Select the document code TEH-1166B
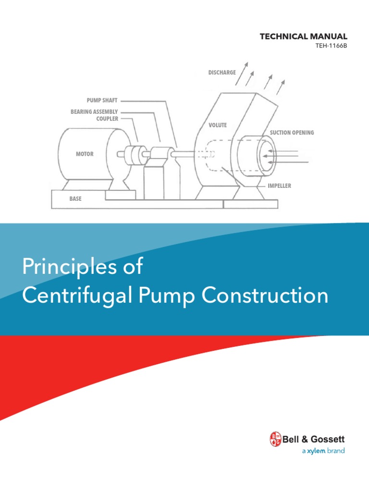pyautogui.click(x=331, y=46)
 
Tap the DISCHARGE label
pyautogui.click(x=222, y=73)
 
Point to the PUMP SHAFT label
pyautogui.click(x=102, y=101)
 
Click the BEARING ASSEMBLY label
pyautogui.click(x=94, y=112)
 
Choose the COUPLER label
pyautogui.click(x=107, y=119)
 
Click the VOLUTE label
pyautogui.click(x=218, y=125)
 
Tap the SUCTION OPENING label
pyautogui.click(x=292, y=133)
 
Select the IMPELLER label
pyautogui.click(x=280, y=185)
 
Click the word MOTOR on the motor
pyautogui.click(x=85, y=154)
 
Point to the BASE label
pyautogui.click(x=75, y=198)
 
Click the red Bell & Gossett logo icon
pyautogui.click(x=275, y=439)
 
